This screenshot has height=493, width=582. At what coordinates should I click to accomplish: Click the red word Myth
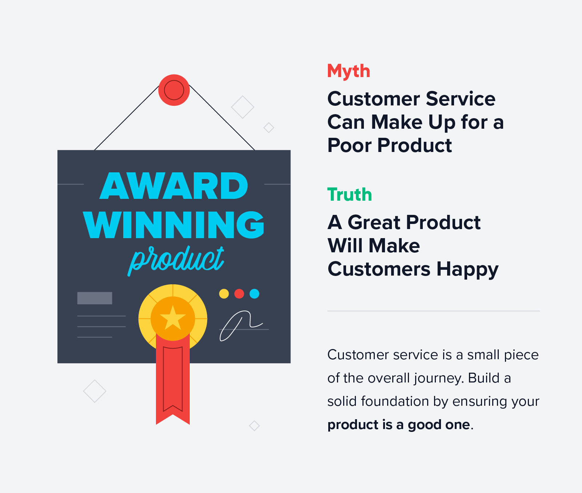348,71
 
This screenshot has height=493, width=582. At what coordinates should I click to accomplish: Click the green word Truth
349,195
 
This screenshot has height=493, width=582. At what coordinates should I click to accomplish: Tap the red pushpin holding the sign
174,90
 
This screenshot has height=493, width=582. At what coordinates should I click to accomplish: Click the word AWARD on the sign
174,186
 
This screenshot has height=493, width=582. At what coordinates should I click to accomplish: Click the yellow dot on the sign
224,294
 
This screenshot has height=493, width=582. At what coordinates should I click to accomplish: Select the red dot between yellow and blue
239,294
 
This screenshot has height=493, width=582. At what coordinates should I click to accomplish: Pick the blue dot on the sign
254,294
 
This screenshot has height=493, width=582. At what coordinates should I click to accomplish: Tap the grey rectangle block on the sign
95,298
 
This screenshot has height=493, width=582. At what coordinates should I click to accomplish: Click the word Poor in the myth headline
349,145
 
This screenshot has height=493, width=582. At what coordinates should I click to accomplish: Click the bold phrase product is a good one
399,425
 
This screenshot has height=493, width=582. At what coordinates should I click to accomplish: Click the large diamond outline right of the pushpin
242,107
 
